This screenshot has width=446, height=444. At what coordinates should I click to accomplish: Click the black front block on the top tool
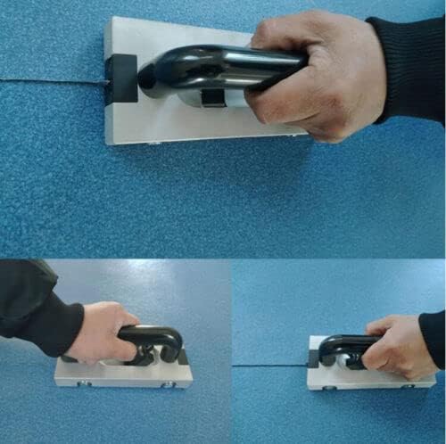point(121,78)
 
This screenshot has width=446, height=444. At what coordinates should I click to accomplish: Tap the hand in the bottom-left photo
point(103,331)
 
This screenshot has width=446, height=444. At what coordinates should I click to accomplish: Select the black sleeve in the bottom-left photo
point(36,308)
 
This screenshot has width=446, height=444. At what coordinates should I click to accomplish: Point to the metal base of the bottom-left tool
point(125,375)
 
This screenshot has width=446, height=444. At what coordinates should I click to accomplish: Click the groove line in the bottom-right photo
point(268,365)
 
